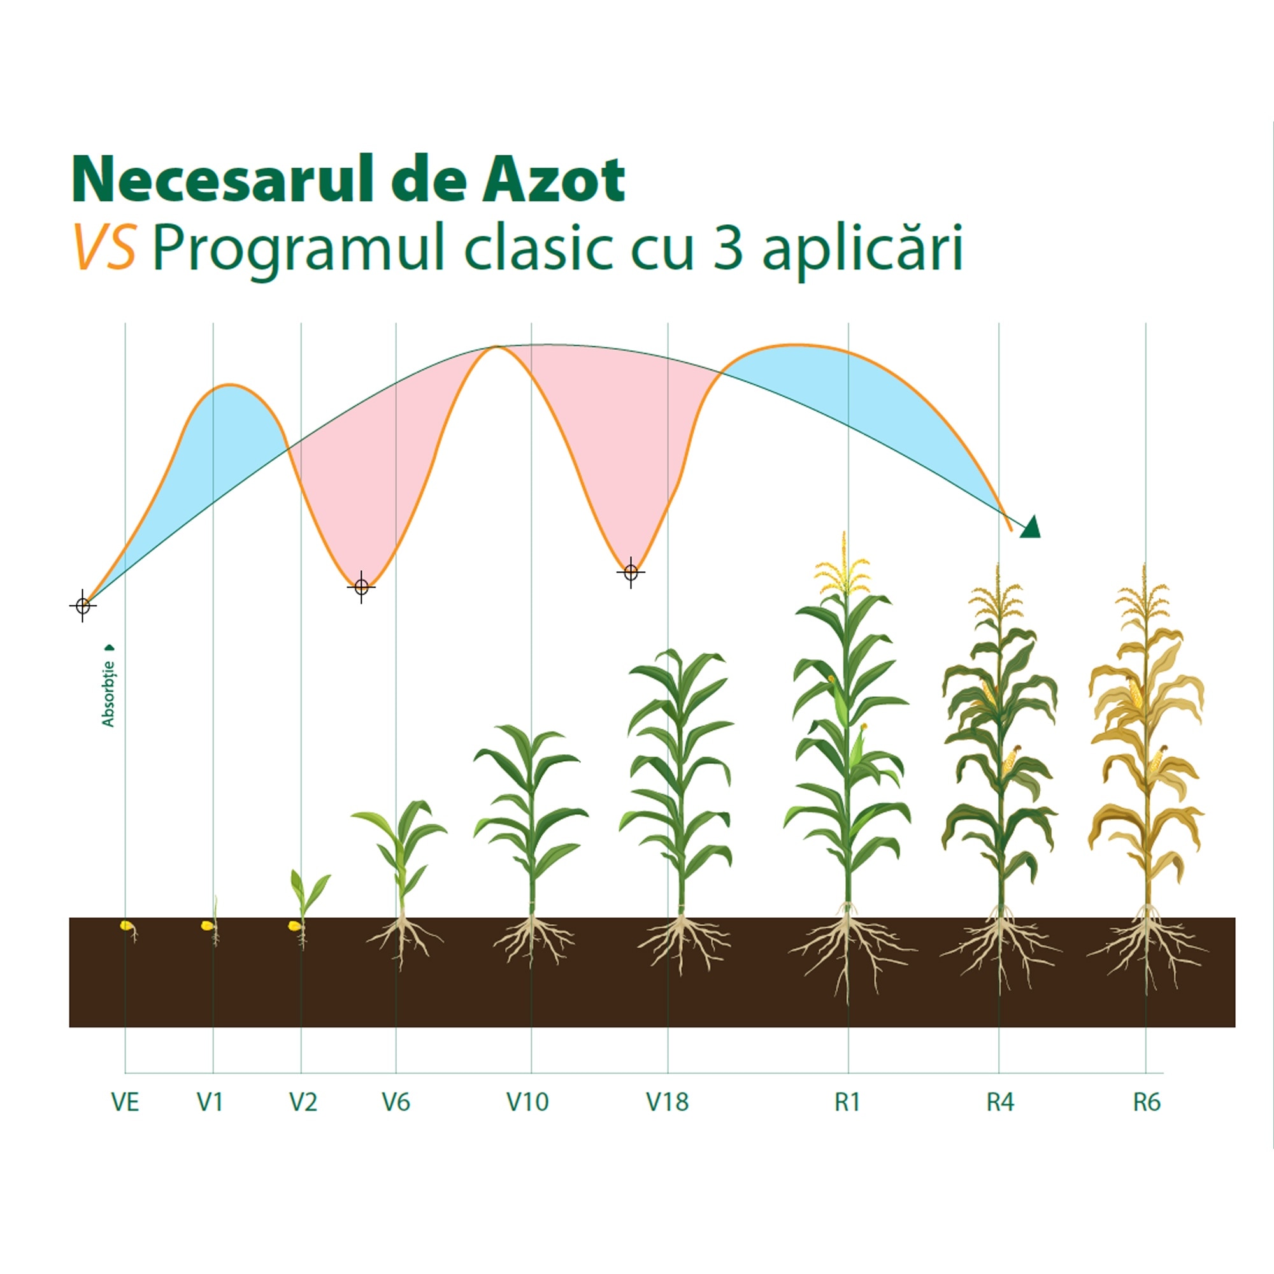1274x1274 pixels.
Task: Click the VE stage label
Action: click(125, 1102)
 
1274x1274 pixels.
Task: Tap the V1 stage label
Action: click(210, 1102)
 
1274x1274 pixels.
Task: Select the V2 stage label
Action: click(303, 1102)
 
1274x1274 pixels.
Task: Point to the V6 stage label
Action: click(396, 1102)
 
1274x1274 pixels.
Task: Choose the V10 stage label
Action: click(527, 1102)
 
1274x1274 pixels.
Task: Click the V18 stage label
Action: click(668, 1102)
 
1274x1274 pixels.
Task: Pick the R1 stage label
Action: click(847, 1102)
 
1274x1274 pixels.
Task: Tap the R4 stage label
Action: click(999, 1102)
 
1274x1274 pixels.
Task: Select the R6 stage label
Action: click(1147, 1102)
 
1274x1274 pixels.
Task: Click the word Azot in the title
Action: click(554, 180)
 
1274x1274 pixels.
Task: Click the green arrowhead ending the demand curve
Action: click(1031, 527)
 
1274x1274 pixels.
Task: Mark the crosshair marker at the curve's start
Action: click(82, 605)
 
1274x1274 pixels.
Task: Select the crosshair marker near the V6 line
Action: click(361, 586)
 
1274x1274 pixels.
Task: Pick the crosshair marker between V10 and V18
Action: click(631, 573)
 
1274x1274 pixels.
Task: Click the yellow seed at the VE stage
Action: click(125, 926)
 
